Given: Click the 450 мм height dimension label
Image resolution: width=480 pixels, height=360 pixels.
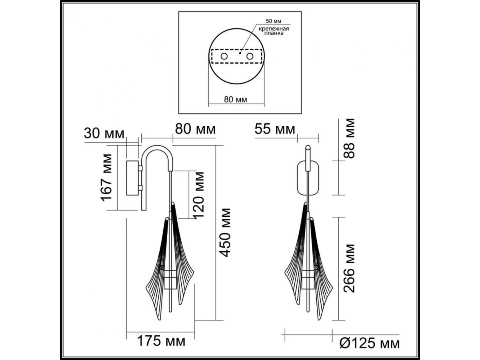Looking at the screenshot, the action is click(x=225, y=232).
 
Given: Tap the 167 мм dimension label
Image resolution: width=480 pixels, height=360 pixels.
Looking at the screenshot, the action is click(x=106, y=178).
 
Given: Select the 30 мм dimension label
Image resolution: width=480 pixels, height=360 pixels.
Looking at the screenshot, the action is click(x=104, y=134).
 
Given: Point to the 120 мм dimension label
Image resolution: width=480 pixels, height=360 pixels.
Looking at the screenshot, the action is click(x=199, y=195).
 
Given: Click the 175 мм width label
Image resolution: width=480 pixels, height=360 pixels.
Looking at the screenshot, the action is click(x=161, y=341).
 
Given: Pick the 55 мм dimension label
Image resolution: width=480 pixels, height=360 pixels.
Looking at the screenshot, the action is click(x=275, y=129).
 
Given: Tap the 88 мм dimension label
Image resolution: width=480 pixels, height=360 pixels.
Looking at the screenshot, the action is click(x=349, y=138).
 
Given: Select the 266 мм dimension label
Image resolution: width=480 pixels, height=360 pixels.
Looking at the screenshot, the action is click(x=349, y=268).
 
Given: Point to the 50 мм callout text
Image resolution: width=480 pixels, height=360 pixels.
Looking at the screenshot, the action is click(x=273, y=21).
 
